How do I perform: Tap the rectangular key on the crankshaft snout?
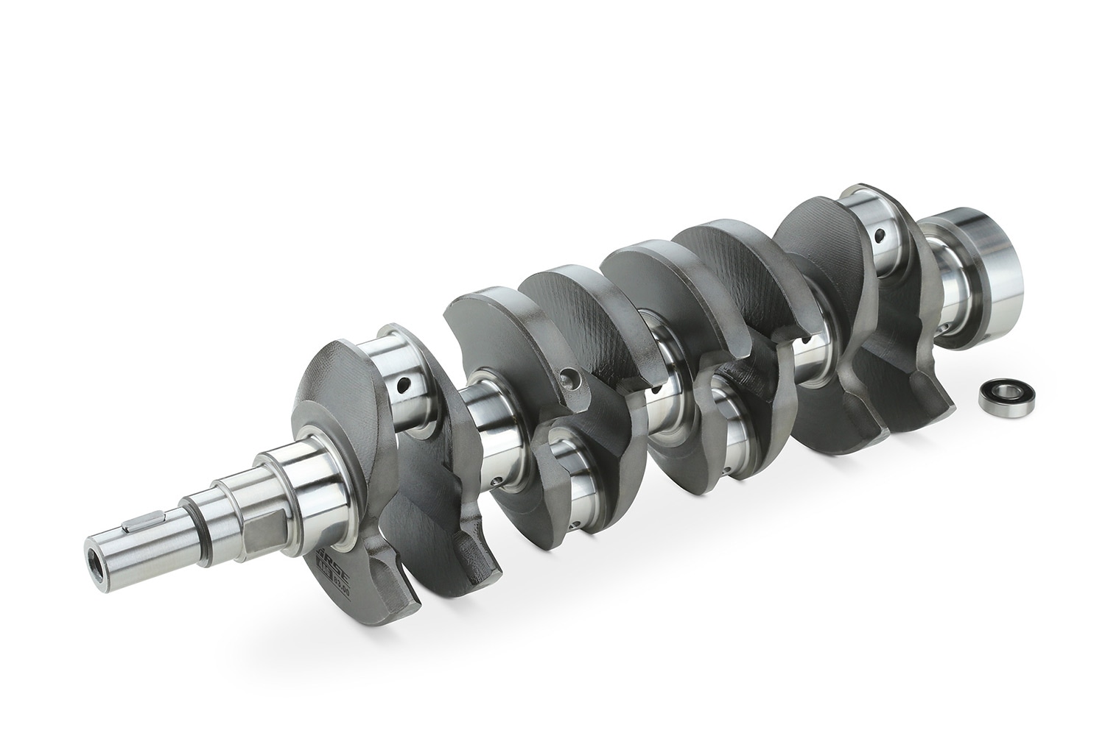[x=137, y=524]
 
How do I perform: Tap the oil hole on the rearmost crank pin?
[x=880, y=237]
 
